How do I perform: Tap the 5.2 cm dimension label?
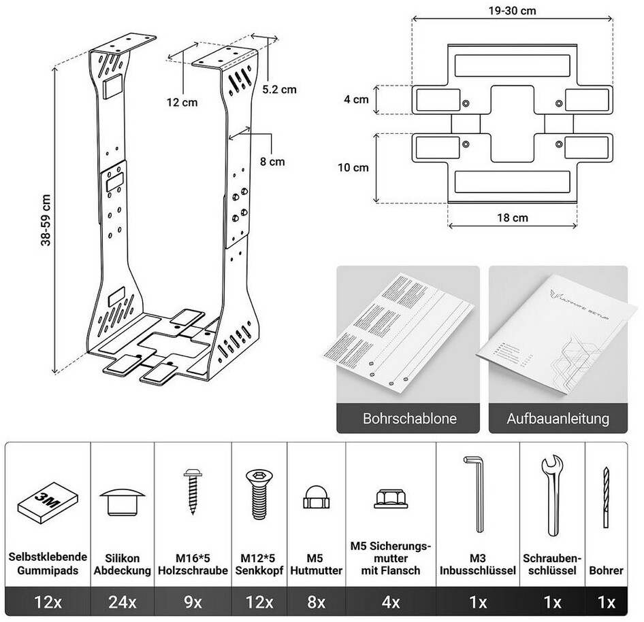click(279, 89)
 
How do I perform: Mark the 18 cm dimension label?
click(512, 218)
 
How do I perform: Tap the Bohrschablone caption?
click(405, 418)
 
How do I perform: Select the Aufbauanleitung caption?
click(558, 418)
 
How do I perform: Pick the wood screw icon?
click(192, 494)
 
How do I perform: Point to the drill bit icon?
click(605, 498)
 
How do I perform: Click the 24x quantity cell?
click(123, 602)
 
